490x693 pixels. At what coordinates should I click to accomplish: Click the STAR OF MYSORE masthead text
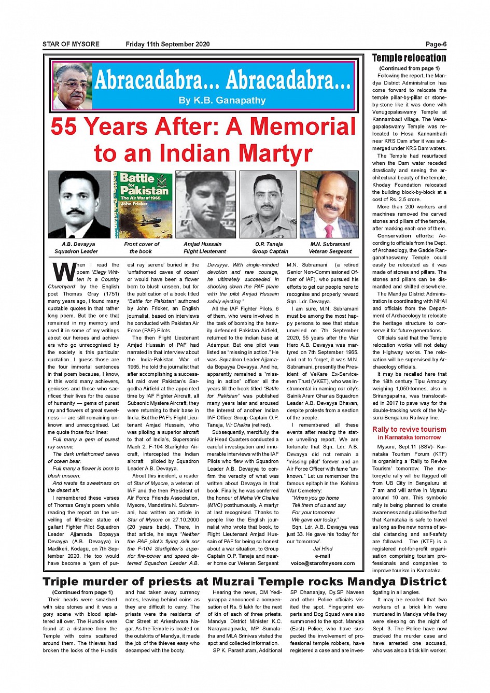tap(71, 44)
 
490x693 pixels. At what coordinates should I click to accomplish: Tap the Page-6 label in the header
tap(436, 44)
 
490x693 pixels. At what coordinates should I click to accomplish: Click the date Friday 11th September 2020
tap(167, 44)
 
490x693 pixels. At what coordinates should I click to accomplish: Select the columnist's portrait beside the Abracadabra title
tap(73, 86)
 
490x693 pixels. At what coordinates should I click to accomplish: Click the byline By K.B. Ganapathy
tap(222, 101)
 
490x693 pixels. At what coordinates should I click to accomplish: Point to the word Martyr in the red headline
tap(276, 153)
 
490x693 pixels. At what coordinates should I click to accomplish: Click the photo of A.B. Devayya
tap(79, 204)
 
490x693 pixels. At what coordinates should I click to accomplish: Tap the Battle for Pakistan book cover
tap(143, 204)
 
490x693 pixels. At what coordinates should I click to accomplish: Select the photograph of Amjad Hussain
tap(206, 204)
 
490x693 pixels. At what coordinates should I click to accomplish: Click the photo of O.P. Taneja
tap(268, 204)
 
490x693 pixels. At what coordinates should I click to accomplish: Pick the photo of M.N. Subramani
tap(330, 204)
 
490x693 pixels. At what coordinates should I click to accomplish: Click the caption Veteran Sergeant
tap(330, 251)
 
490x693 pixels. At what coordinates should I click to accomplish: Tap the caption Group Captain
tap(270, 251)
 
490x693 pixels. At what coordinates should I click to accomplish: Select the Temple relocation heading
tap(409, 58)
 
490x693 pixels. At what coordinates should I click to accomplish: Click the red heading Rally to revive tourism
tap(409, 429)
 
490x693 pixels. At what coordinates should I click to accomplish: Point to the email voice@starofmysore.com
tap(323, 563)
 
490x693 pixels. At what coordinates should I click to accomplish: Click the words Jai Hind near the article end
tap(323, 548)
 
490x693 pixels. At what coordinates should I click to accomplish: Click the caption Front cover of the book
tap(142, 248)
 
